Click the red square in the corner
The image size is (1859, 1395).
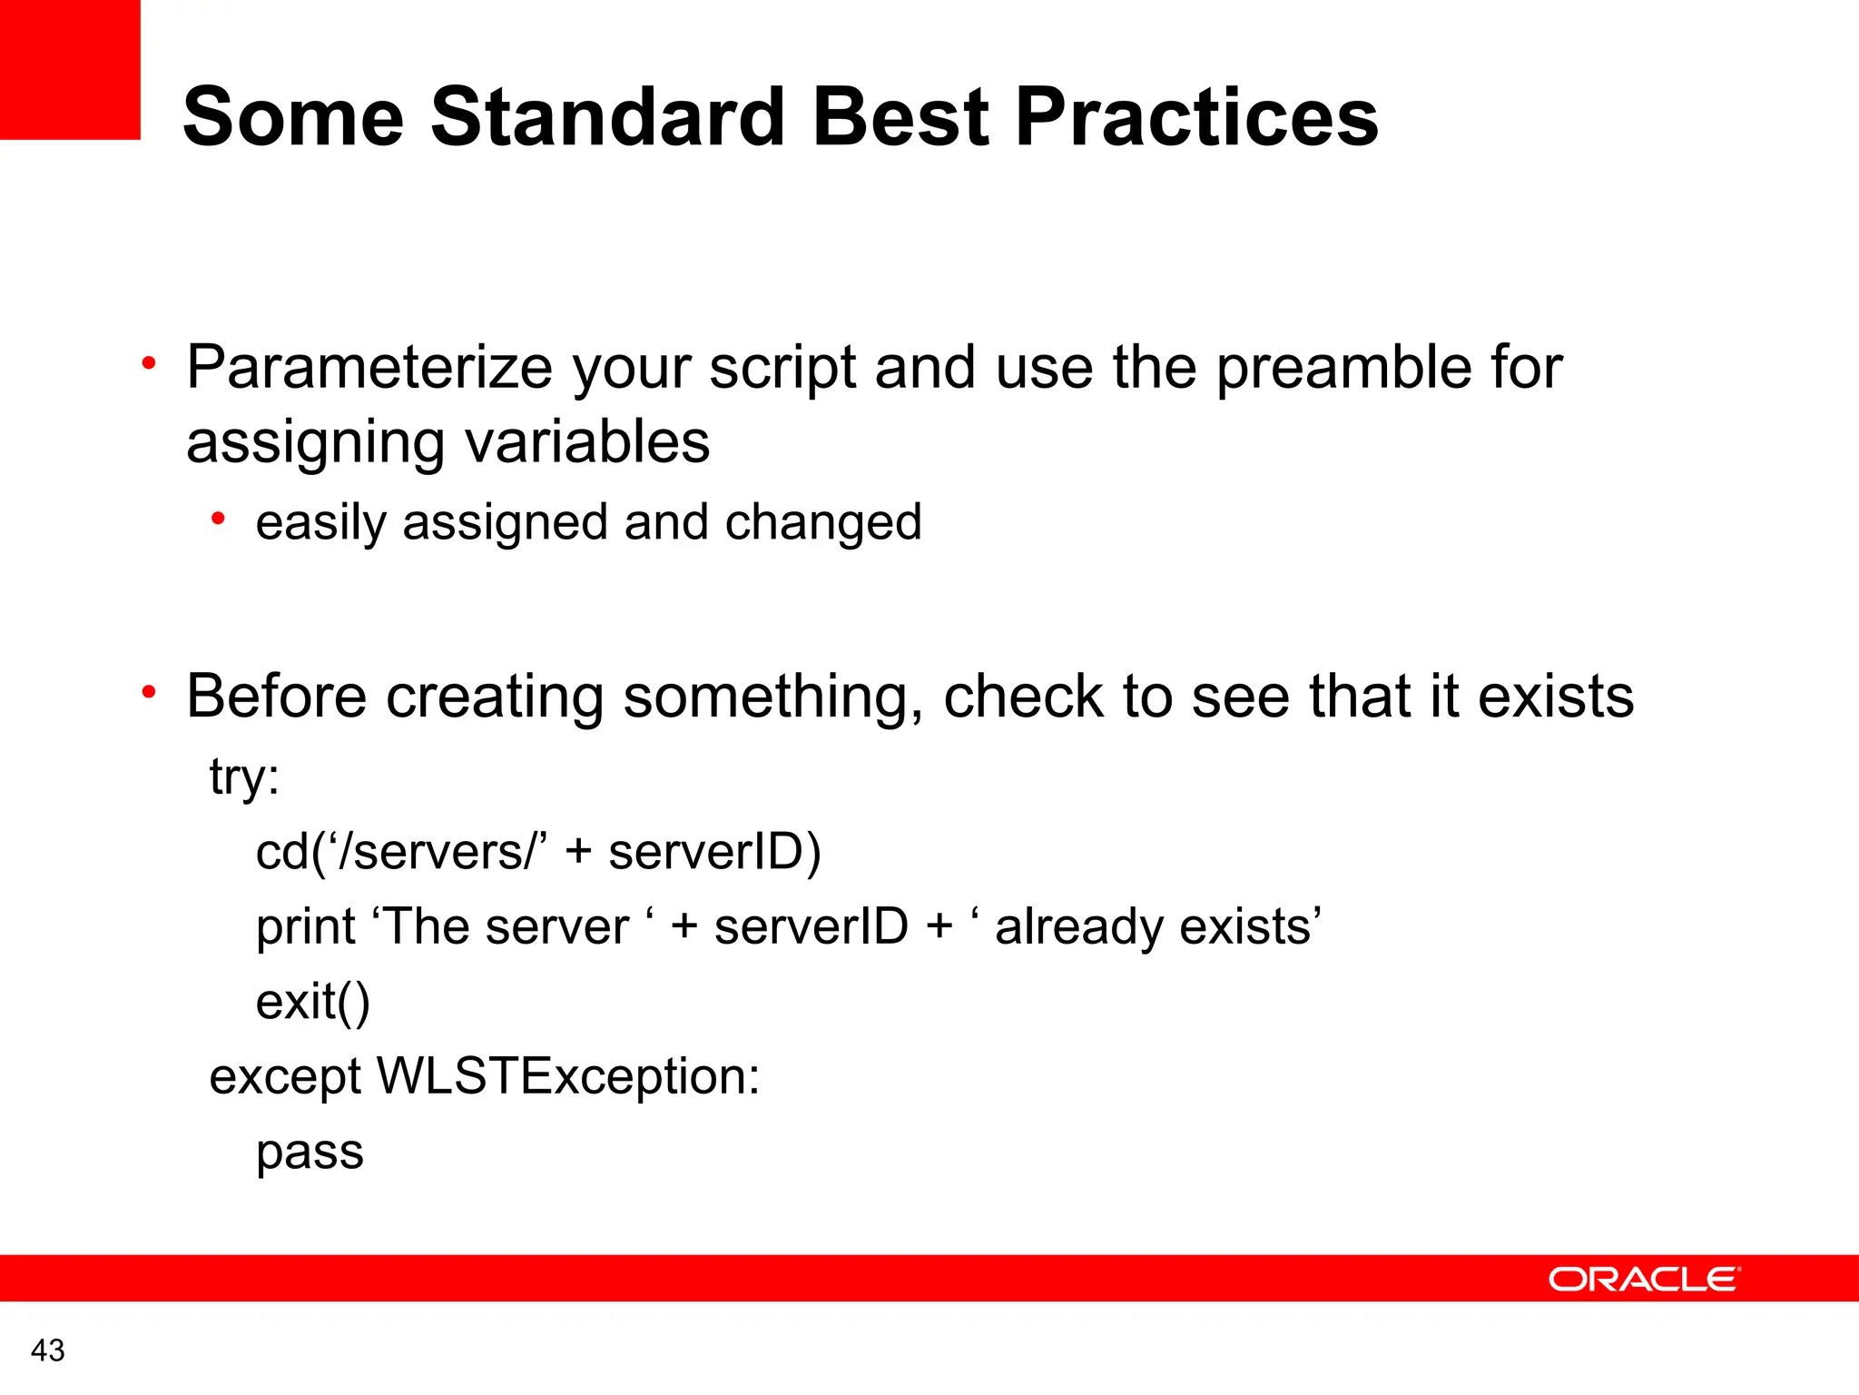(69, 69)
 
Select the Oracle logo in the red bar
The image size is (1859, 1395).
(1643, 1279)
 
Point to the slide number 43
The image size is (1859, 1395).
(47, 1350)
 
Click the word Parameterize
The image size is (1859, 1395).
(369, 368)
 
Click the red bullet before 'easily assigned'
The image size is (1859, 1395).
(218, 519)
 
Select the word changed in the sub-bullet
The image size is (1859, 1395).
(822, 522)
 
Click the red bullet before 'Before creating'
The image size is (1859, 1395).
(149, 693)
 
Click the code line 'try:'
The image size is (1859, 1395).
(244, 777)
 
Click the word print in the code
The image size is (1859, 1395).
(306, 928)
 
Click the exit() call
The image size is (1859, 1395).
(312, 1003)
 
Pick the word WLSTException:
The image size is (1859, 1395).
(567, 1076)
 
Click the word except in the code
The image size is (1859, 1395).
(285, 1078)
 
